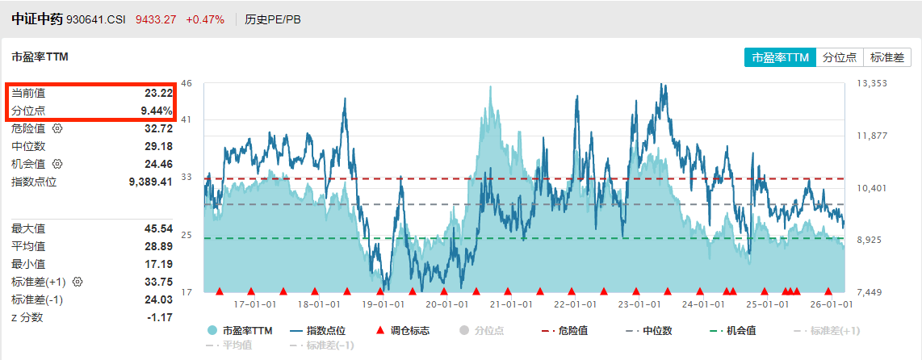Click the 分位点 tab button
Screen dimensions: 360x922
(839, 57)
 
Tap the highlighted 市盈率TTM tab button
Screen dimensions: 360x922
(780, 57)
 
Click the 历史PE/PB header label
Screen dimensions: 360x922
(273, 19)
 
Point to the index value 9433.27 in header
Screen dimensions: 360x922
(156, 19)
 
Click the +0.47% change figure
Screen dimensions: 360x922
(205, 19)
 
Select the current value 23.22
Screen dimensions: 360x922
(158, 93)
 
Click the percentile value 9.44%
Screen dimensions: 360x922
(157, 111)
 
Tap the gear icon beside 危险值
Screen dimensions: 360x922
(57, 128)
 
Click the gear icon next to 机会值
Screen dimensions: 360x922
(57, 164)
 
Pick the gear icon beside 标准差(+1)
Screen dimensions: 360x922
(78, 282)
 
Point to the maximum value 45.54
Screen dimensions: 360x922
(158, 228)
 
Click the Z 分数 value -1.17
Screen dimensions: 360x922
(158, 317)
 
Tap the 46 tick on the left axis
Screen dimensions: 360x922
(186, 83)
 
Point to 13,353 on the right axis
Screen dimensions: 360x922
(872, 83)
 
